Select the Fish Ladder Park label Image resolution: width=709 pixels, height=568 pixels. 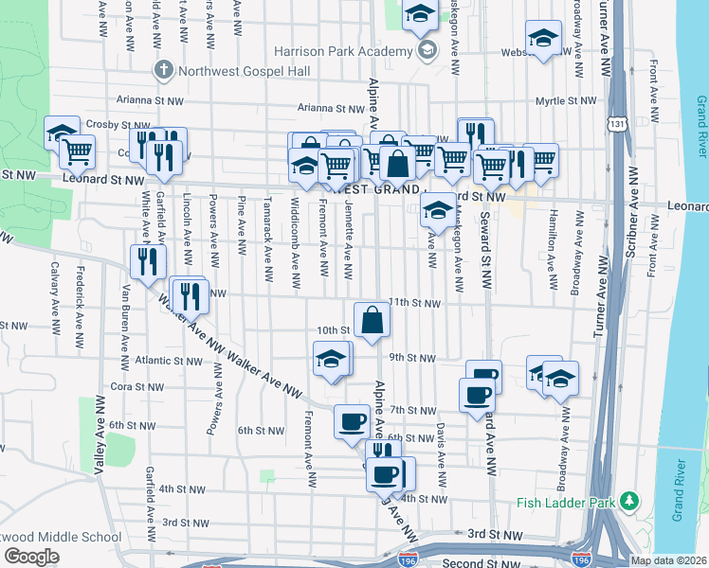568,502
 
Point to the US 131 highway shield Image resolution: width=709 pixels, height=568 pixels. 618,124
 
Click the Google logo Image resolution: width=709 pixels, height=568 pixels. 31,556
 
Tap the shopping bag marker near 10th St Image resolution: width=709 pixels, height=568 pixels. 373,320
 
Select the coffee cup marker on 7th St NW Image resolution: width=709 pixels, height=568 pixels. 352,421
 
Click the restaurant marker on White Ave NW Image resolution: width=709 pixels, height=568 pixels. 147,260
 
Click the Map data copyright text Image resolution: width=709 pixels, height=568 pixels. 666,560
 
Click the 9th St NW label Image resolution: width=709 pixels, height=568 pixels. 412,359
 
